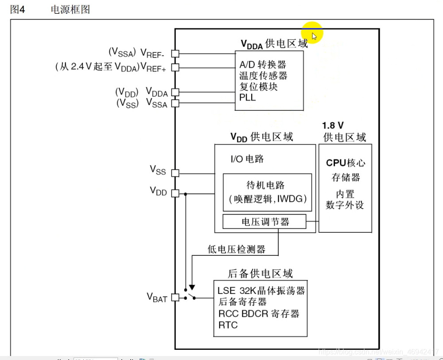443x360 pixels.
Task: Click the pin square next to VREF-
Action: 175,53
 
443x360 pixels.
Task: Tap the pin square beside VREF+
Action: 175,67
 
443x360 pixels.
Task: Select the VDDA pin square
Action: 175,92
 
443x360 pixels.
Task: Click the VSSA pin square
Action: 175,103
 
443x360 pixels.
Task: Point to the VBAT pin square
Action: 175,297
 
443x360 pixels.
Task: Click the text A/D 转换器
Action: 263,65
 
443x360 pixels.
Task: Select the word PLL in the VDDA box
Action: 248,98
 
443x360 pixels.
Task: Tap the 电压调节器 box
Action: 264,222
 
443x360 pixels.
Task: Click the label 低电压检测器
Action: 236,250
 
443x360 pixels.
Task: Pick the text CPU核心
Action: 346,163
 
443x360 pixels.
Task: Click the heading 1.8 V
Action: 333,126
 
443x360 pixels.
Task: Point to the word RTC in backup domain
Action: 228,325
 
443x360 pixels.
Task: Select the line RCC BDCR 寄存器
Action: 259,314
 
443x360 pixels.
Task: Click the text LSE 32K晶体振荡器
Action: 261,291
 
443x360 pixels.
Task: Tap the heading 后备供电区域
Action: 260,274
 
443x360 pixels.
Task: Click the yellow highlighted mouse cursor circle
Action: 312,33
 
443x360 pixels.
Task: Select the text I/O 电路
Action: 247,159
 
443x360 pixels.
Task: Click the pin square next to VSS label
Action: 175,173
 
